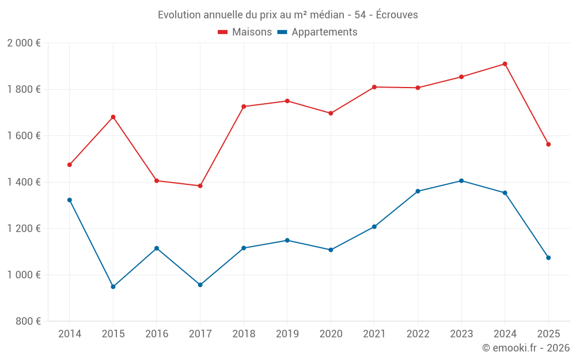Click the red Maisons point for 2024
click(505, 64)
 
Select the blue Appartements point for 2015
click(113, 286)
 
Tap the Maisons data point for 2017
click(200, 186)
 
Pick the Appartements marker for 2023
click(461, 181)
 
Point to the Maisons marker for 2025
click(548, 145)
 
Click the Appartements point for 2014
click(70, 200)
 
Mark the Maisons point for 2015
click(113, 117)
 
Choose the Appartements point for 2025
click(548, 257)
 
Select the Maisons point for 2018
click(244, 107)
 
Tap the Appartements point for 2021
click(374, 226)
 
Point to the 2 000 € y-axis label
click(24, 43)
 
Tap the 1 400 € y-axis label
click(24, 182)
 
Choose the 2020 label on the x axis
click(331, 334)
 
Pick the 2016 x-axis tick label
click(157, 334)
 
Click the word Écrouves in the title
click(397, 15)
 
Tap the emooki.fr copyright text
click(525, 348)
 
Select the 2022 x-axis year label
click(418, 334)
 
